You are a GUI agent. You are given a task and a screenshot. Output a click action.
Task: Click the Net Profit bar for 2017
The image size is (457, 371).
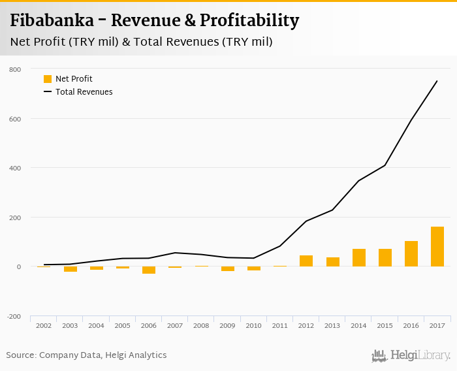pos(437,247)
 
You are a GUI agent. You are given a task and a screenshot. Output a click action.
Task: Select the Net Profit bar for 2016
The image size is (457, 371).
pos(411,254)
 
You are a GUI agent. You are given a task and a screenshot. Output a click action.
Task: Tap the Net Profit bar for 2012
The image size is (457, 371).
pos(306,261)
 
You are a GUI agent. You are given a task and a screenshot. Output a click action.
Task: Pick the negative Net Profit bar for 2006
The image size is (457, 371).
pos(149,270)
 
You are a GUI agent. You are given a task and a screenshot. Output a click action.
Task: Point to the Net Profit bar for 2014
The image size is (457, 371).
pos(358,258)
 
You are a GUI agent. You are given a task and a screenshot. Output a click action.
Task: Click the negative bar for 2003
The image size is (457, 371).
pos(71,269)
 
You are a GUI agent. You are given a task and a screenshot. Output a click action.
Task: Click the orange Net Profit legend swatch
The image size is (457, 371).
pos(48,79)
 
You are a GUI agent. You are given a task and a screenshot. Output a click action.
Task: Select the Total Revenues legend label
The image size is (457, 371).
pos(84,92)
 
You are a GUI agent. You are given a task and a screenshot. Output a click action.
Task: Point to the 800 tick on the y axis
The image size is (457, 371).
pos(15,69)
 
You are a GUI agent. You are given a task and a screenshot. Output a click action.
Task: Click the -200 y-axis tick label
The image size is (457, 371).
pos(14,316)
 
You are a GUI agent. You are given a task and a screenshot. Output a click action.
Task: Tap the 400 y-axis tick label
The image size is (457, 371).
pos(15,168)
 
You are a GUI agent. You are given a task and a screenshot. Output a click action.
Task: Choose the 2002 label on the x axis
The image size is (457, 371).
pos(44,325)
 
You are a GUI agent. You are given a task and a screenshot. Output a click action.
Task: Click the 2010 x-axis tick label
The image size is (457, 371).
pos(253,325)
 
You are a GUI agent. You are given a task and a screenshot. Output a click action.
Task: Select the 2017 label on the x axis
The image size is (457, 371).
pos(437,325)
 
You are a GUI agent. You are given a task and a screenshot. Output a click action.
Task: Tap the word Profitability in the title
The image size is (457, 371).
pos(250,21)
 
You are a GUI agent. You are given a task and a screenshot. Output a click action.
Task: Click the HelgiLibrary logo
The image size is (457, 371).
pos(411,355)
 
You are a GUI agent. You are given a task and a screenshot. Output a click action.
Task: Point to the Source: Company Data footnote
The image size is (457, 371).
pos(86,355)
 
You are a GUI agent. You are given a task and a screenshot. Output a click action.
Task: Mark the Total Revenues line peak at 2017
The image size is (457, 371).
pos(437,81)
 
